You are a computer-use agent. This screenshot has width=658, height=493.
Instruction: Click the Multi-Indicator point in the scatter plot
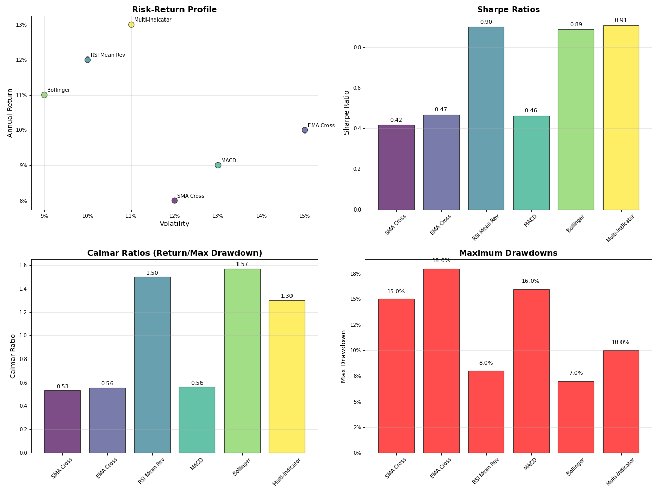(x=131, y=25)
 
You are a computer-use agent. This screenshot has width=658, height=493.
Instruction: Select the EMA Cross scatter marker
(x=305, y=130)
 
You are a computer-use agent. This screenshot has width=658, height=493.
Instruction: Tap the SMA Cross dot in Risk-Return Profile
(x=175, y=201)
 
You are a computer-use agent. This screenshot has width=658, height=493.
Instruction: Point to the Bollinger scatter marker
(x=44, y=95)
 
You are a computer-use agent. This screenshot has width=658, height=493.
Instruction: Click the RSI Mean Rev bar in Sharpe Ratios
(x=486, y=118)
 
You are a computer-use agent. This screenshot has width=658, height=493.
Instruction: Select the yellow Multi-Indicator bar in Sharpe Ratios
(x=620, y=118)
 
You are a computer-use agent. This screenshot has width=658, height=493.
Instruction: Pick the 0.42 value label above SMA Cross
(x=396, y=120)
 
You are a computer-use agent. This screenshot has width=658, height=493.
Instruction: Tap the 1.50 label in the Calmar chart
(x=152, y=273)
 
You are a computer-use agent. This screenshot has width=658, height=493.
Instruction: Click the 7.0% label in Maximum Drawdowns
(x=576, y=373)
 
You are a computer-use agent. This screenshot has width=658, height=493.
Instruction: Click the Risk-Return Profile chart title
(x=174, y=10)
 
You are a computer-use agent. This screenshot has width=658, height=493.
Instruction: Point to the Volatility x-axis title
(x=174, y=224)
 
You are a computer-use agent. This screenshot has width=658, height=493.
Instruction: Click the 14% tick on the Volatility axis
(x=261, y=216)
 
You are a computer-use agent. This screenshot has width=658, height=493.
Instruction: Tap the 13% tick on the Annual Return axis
(x=21, y=25)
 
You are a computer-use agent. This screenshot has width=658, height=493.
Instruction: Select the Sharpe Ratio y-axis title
(x=347, y=112)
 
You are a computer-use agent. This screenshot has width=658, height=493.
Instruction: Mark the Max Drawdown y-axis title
(x=344, y=356)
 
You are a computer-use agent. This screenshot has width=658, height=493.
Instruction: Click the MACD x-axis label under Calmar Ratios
(x=197, y=464)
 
